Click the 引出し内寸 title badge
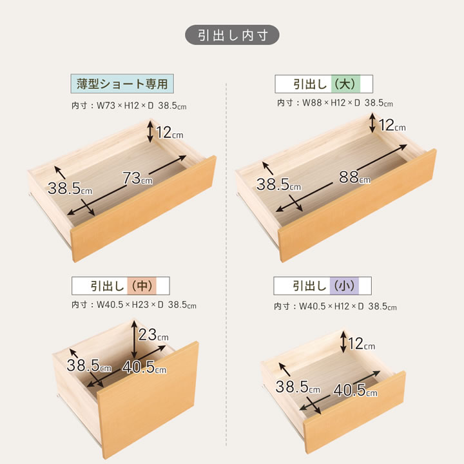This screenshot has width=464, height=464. coord(232,35)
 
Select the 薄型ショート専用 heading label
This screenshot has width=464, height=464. coord(122,84)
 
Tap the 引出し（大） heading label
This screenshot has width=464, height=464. coord(324,84)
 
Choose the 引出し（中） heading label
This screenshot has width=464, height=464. coord(121,286)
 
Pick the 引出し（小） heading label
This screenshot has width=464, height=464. coord(323,286)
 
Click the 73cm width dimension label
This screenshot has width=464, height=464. coord(138,178)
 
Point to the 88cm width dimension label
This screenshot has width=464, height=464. coord(354,177)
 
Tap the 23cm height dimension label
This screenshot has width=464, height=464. coord(153,334)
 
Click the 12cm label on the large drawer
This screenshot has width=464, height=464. coord(392,125)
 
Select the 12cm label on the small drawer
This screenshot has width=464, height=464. coord(362,344)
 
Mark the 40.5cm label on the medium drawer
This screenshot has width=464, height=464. coord(144,367)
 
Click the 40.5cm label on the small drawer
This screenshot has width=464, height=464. coord(355,390)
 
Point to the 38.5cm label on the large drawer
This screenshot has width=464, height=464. coord(278,184)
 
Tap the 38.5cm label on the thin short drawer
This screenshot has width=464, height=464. coord(70,188)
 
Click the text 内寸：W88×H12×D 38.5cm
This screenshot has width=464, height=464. coord(335,103)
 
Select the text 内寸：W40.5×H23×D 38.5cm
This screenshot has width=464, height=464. coord(134,305)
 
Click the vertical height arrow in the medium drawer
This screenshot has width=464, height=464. coord(135,340)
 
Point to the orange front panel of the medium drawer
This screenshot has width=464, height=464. coord(148,400)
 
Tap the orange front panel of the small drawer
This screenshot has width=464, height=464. coord(354,412)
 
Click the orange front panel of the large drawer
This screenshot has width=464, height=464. coord(358,206)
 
